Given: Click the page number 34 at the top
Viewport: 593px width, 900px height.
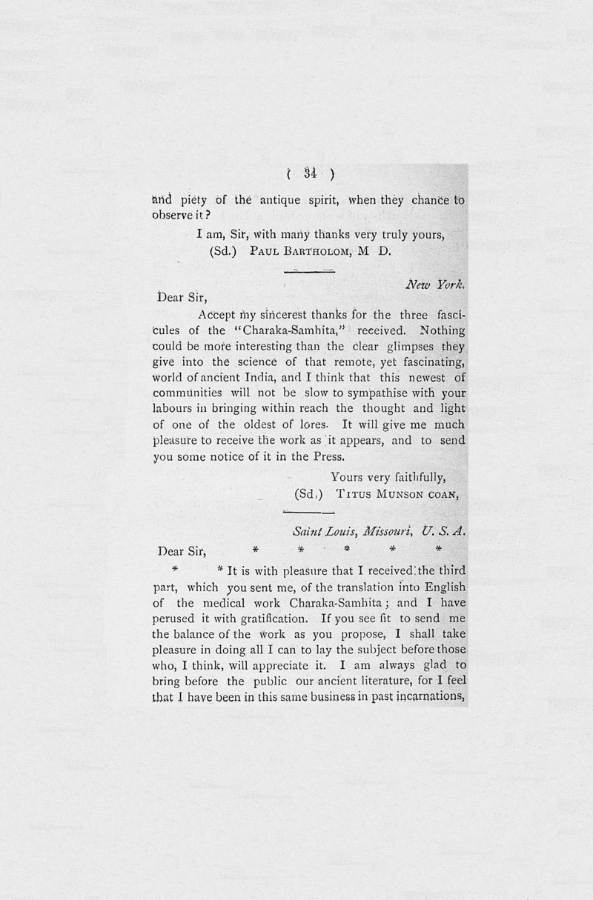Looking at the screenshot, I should [310, 175].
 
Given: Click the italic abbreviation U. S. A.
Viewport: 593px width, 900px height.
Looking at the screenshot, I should [443, 532].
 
